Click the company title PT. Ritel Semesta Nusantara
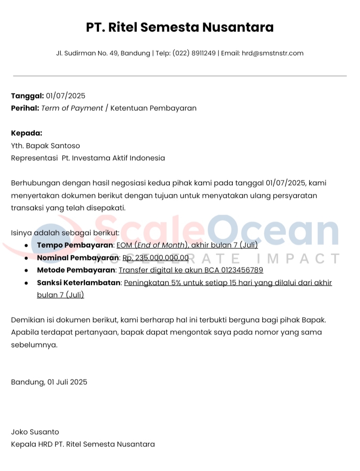click(180, 27)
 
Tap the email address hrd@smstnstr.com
click(272, 53)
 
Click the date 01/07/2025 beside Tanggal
click(65, 96)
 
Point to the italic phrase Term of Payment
click(72, 108)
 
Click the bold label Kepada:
click(27, 133)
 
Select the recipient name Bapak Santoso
click(52, 146)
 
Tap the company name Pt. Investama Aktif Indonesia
click(113, 158)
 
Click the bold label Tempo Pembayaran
click(75, 245)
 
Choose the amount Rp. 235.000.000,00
click(155, 258)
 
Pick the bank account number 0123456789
click(242, 270)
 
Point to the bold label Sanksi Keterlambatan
click(79, 283)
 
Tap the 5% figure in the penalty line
click(165, 283)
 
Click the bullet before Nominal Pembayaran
click(27, 258)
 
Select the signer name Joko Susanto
click(35, 432)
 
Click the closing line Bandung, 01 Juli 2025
click(49, 382)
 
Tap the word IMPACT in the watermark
click(299, 259)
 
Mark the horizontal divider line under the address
click(180, 76)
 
